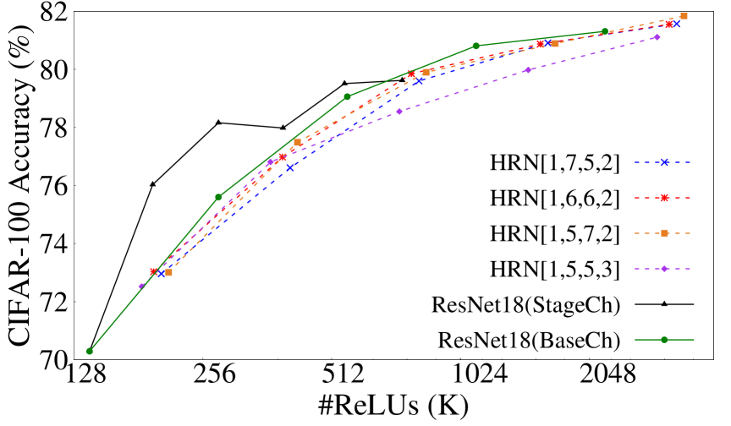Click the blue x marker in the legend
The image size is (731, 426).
pyautogui.click(x=664, y=162)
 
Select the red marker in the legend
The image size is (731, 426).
pyautogui.click(x=664, y=198)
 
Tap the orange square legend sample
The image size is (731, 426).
pyautogui.click(x=664, y=233)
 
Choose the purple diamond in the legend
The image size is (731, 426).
pyautogui.click(x=664, y=269)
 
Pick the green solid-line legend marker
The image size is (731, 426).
pyautogui.click(x=664, y=340)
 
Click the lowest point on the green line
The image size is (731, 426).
pyautogui.click(x=90, y=351)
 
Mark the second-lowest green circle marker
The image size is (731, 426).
pyautogui.click(x=218, y=197)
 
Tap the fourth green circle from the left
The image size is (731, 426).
pyautogui.click(x=475, y=46)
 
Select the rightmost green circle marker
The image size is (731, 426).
pyautogui.click(x=604, y=31)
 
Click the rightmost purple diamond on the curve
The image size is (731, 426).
pyautogui.click(x=657, y=37)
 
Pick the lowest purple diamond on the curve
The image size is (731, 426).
pyautogui.click(x=141, y=286)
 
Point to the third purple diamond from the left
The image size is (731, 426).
pyautogui.click(x=399, y=112)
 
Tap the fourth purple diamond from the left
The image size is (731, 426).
pyautogui.click(x=528, y=70)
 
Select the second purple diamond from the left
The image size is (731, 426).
pyautogui.click(x=270, y=162)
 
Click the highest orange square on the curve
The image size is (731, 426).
pyautogui.click(x=684, y=16)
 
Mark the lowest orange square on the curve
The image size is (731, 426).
pyautogui.click(x=168, y=272)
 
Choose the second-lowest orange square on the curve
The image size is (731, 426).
pyautogui.click(x=297, y=142)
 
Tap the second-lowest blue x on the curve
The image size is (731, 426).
pyautogui.click(x=289, y=167)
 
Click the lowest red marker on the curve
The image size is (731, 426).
pyautogui.click(x=154, y=271)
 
